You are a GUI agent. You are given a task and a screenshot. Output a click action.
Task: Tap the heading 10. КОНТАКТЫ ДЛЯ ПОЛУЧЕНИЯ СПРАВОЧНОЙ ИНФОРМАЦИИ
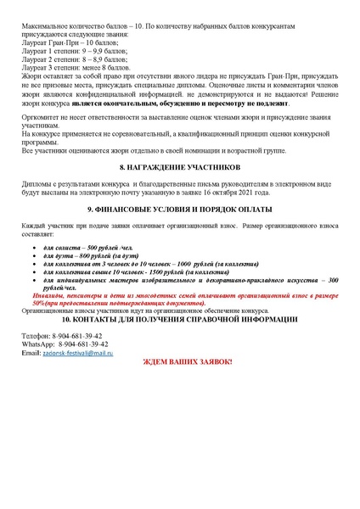pyautogui.click(x=179, y=319)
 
